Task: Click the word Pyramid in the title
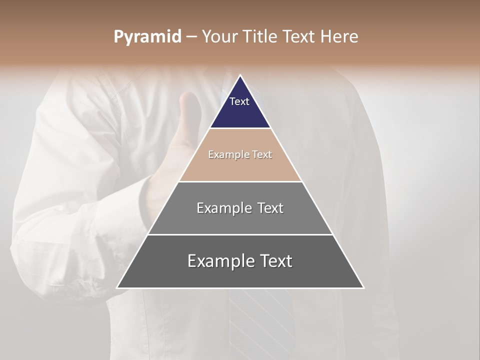[147, 37]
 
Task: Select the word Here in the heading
[339, 37]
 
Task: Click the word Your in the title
[220, 37]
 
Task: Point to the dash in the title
[191, 37]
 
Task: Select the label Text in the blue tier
[239, 101]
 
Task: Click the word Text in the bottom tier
[276, 261]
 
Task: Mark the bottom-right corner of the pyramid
[363, 287]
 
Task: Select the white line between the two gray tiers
[240, 234]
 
